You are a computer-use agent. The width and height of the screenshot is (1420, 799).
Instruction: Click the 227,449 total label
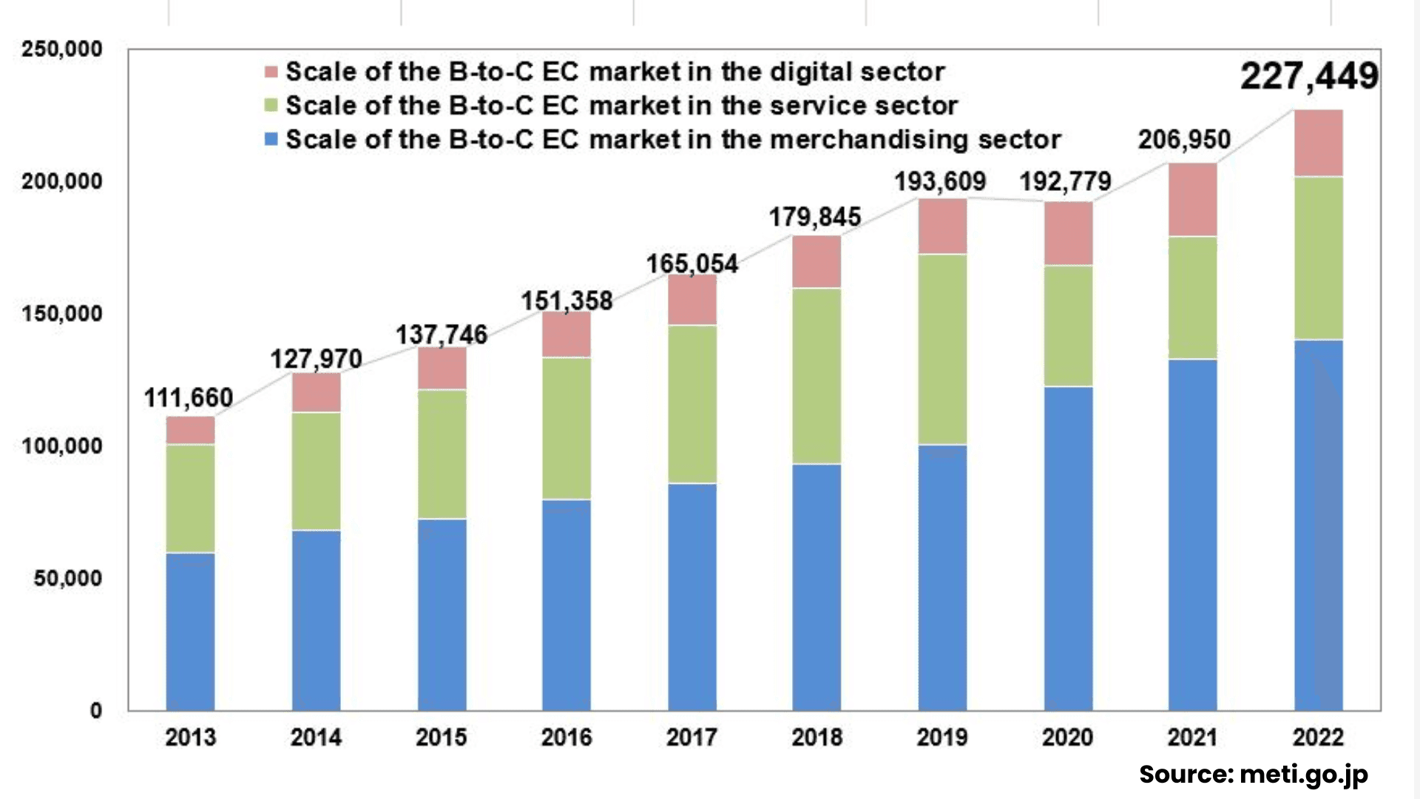1309,76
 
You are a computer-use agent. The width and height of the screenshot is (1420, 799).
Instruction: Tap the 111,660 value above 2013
189,398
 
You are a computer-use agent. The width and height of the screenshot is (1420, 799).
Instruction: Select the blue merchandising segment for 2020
1068,547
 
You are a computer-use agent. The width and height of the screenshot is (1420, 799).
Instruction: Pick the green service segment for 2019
942,349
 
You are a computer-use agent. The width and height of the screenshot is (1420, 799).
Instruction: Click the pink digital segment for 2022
1318,143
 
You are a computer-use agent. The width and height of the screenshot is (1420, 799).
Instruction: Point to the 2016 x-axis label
567,737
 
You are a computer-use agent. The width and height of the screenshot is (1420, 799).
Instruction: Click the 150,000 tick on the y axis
62,314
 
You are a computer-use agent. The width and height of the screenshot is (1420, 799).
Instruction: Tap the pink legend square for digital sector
271,72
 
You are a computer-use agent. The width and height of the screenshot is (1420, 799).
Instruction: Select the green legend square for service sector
271,106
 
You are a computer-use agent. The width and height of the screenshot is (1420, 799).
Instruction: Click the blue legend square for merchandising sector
271,139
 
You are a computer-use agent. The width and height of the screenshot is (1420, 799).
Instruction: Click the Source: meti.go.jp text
1253,775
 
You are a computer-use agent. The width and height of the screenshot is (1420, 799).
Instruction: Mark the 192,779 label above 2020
1065,181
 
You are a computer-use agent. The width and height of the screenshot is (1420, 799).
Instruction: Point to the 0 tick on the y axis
96,711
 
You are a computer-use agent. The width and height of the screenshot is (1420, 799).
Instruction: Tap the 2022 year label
1318,737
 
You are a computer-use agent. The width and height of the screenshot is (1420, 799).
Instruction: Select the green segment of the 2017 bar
692,404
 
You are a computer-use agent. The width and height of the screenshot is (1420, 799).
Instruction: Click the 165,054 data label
692,263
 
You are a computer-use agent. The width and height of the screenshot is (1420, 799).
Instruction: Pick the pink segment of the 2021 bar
1192,200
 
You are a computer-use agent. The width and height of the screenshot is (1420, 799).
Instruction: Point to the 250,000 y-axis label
62,50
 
